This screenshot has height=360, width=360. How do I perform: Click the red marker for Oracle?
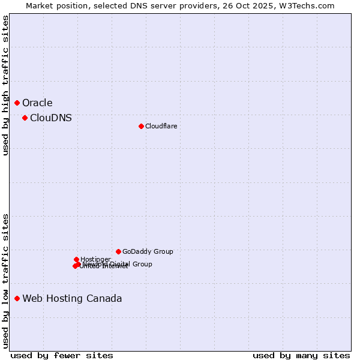point(17,103)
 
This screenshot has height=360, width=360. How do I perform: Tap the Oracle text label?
point(37,103)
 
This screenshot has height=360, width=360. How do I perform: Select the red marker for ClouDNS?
point(25,118)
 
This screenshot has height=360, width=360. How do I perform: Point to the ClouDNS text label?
point(51,118)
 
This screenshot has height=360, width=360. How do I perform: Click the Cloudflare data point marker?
point(141,126)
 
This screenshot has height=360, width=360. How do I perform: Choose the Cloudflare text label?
point(161,126)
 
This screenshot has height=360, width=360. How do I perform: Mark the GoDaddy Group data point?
point(118,251)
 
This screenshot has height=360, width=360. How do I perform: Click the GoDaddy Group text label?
point(148,251)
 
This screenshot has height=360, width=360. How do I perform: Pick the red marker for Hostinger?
point(76,259)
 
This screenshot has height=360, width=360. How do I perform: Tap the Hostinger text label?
point(95,259)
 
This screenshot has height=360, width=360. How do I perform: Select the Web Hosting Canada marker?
point(17,298)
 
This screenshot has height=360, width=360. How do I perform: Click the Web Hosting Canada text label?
point(72,299)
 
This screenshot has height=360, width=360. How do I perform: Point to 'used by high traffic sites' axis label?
point(5,85)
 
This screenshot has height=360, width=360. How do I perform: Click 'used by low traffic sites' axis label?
point(5,281)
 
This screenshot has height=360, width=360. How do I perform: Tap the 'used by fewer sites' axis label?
point(62,355)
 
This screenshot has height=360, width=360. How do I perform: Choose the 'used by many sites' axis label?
point(301,355)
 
